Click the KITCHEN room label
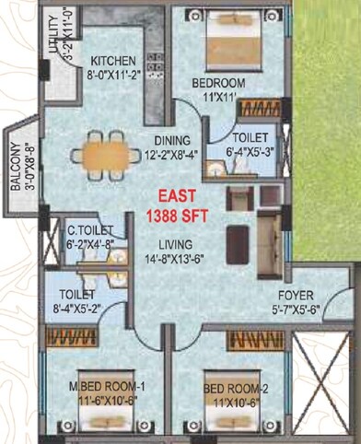(113, 61)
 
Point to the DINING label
(171, 140)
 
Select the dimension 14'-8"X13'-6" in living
(170, 259)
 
